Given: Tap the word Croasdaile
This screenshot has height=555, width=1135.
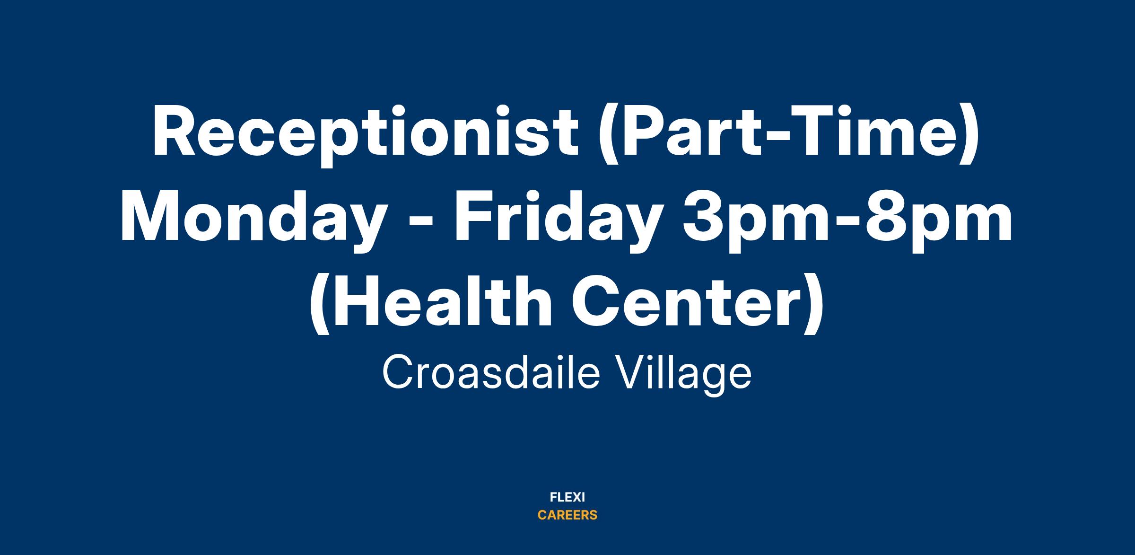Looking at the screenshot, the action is point(491,374).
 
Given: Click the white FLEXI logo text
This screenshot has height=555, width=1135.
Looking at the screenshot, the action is point(567,497).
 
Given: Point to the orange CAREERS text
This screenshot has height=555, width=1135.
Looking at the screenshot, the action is point(567,515).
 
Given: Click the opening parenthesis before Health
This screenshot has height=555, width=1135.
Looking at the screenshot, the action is point(319,305).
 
